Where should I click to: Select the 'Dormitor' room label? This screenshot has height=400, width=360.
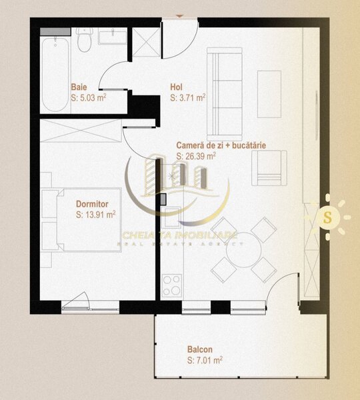click(x=92, y=205)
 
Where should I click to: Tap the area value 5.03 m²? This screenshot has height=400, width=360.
click(x=89, y=97)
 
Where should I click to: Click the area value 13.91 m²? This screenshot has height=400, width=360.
click(x=96, y=215)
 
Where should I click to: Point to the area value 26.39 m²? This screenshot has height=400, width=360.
click(x=196, y=156)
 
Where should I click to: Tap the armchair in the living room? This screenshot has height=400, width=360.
click(x=269, y=168)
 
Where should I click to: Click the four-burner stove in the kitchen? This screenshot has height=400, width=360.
click(x=171, y=285)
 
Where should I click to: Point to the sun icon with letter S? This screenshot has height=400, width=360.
click(x=327, y=217)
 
